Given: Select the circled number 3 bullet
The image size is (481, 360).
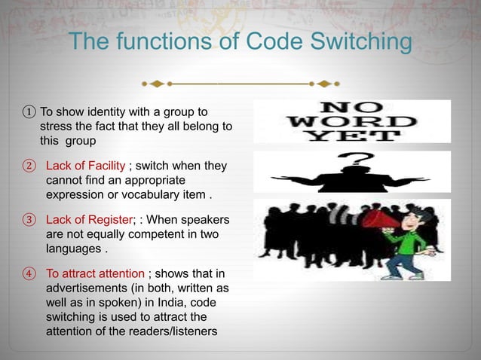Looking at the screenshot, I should click(x=29, y=220).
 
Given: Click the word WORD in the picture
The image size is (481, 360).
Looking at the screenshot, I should click(x=352, y=121).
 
